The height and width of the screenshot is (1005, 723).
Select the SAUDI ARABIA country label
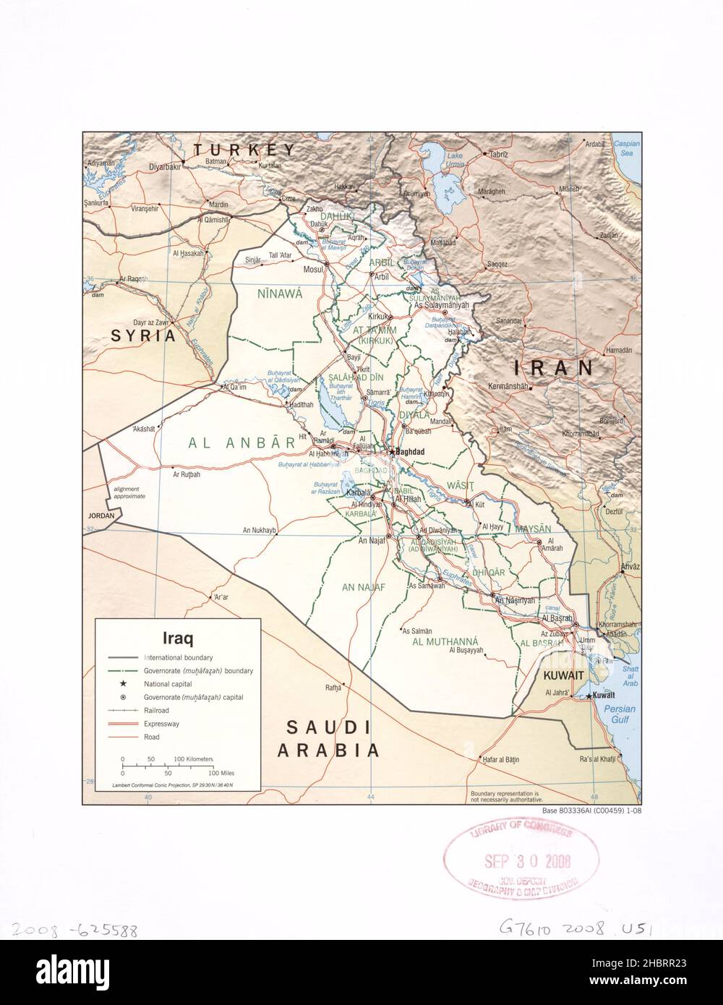[x=328, y=738]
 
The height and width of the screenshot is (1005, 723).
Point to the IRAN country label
[x=554, y=367]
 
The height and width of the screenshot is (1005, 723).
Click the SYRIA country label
[x=143, y=336]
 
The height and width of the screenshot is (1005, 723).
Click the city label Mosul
[x=312, y=270]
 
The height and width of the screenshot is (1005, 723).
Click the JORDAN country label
[x=101, y=516]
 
